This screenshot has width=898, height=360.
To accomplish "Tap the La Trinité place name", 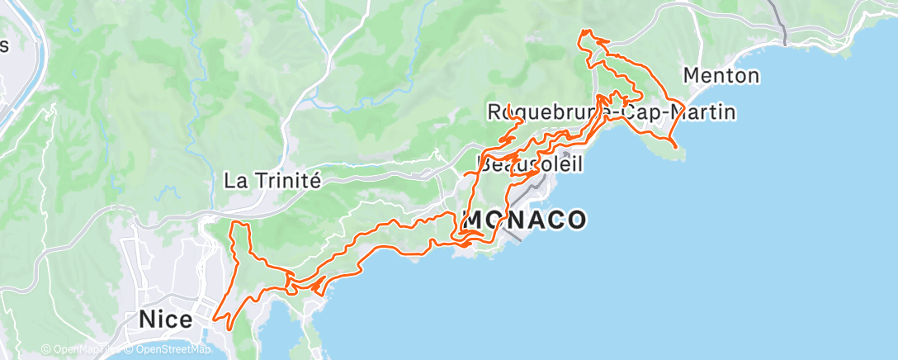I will click(x=272, y=180).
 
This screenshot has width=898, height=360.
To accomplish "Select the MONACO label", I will click(x=525, y=220).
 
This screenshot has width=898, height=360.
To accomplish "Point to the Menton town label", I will click(x=721, y=76).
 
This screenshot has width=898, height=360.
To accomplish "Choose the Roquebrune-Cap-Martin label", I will click(x=612, y=111).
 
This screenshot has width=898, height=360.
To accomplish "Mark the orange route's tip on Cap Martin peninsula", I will click(x=676, y=147).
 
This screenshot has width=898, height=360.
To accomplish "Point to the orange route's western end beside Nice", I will click(x=215, y=317).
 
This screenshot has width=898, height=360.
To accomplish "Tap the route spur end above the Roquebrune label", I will click(x=508, y=106).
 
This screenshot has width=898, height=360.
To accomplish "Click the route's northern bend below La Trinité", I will click(x=240, y=224).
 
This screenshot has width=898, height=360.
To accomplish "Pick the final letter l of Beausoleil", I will click(x=579, y=163).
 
